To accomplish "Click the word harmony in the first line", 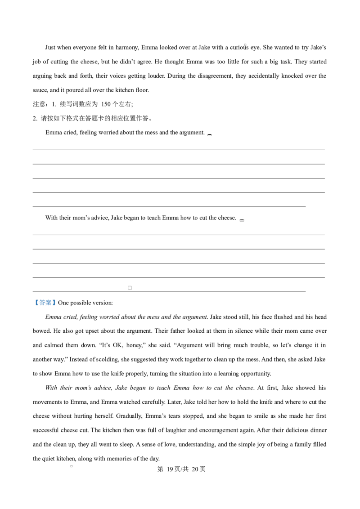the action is tap(127, 47).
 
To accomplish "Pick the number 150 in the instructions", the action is tap(106, 104).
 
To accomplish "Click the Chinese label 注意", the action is tap(40, 104).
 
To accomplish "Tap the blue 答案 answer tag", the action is tap(45, 303).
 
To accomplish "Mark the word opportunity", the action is tap(256, 374).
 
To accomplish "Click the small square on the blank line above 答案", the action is tap(130, 288).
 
